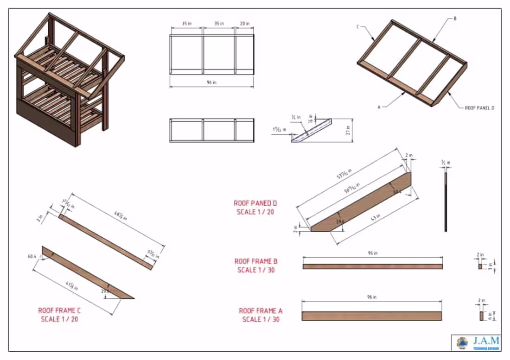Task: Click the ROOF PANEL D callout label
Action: click(x=479, y=107)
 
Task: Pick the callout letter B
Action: click(x=455, y=19)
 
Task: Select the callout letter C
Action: click(x=358, y=27)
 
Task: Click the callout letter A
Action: click(x=379, y=107)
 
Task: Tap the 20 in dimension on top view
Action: click(x=244, y=24)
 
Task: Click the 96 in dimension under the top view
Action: click(x=211, y=82)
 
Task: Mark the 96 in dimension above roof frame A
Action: click(x=371, y=297)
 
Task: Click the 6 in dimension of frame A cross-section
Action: click(x=491, y=316)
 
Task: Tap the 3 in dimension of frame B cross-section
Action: click(x=491, y=266)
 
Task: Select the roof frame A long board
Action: click(x=371, y=316)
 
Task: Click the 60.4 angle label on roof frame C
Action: click(x=32, y=255)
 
